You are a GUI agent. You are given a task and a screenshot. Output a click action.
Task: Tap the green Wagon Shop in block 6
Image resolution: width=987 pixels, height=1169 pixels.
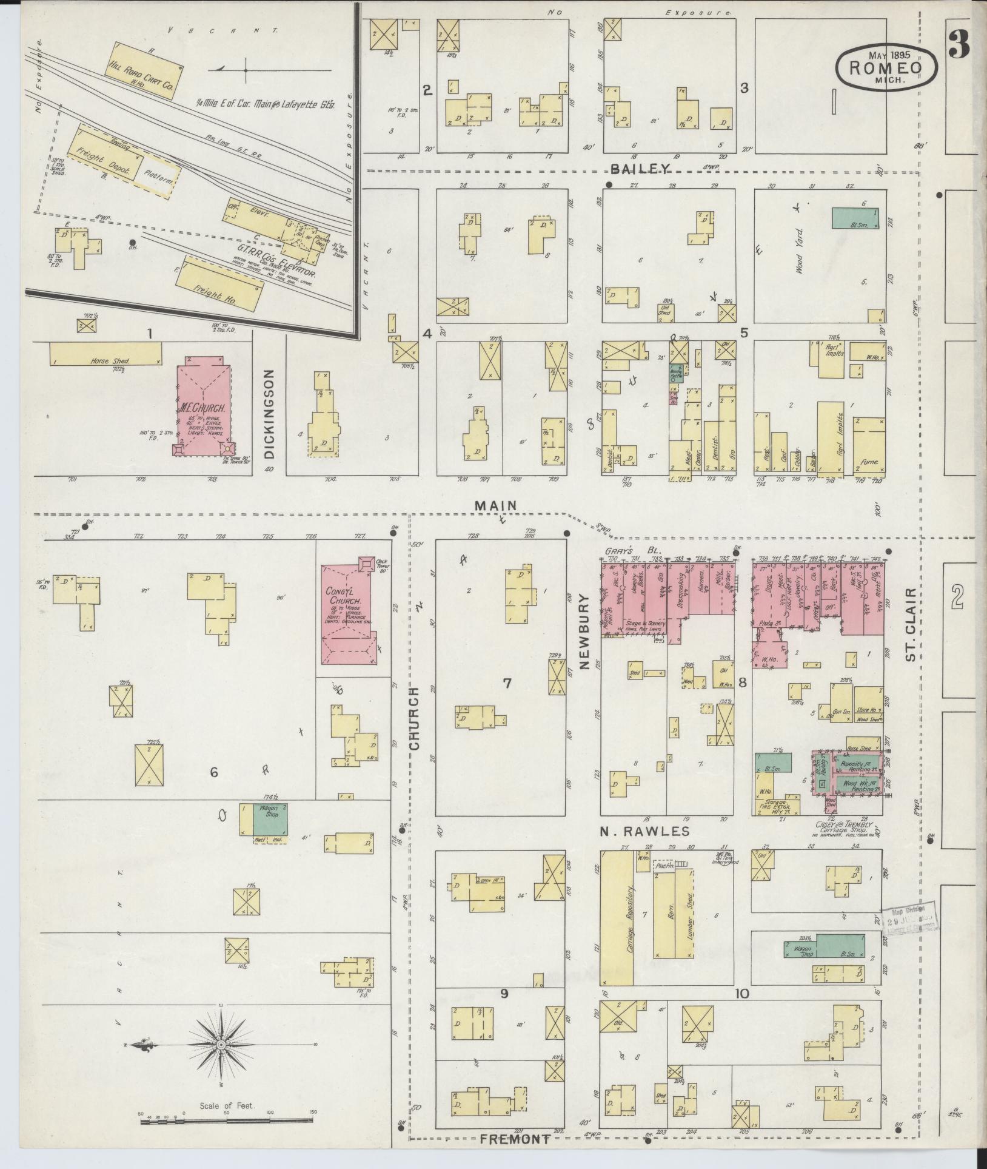pyautogui.click(x=270, y=819)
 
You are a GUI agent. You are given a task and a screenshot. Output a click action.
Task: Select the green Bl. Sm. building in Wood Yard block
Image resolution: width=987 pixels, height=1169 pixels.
pyautogui.click(x=855, y=218)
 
